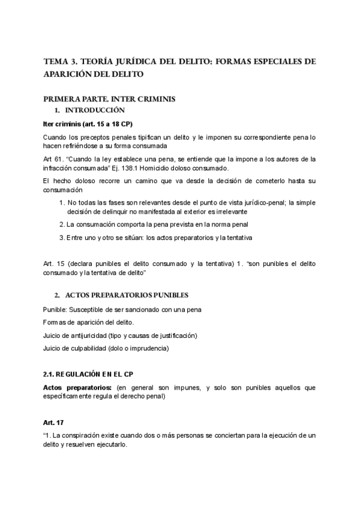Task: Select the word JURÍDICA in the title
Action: pyautogui.click(x=132, y=61)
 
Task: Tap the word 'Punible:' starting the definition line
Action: pyautogui.click(x=55, y=309)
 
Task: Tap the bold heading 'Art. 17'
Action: pyautogui.click(x=53, y=423)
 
